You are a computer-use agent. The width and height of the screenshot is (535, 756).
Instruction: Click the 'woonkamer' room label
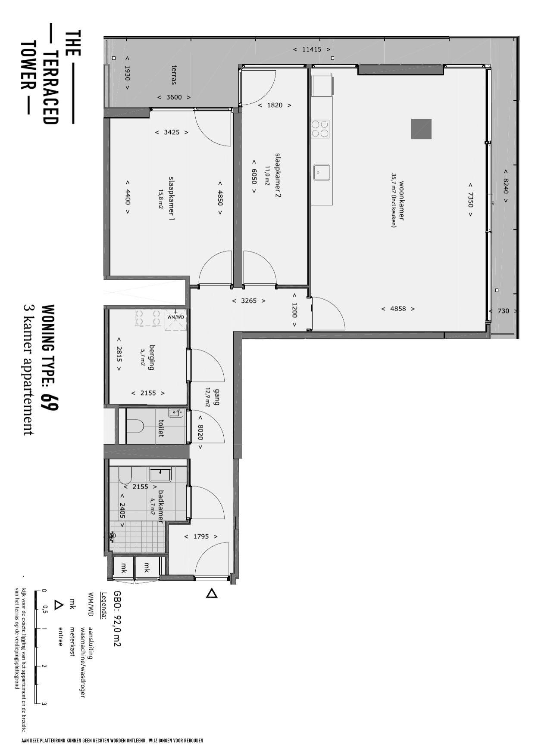point(401,201)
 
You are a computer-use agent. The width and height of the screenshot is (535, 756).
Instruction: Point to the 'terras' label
point(174,74)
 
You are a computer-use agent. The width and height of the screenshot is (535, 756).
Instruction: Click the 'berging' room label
point(151,357)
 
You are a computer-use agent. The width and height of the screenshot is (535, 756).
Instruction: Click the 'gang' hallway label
point(216,397)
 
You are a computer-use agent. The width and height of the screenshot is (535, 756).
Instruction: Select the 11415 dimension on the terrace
point(312,50)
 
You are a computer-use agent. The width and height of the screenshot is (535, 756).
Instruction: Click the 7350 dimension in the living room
point(470,199)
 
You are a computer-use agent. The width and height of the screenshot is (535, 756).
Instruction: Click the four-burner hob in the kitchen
point(320,129)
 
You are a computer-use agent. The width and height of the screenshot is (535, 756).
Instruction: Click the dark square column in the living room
point(421,129)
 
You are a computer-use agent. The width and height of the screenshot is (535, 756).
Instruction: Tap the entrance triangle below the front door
point(212,593)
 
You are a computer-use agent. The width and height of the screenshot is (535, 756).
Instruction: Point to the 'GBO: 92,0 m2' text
point(116,618)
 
